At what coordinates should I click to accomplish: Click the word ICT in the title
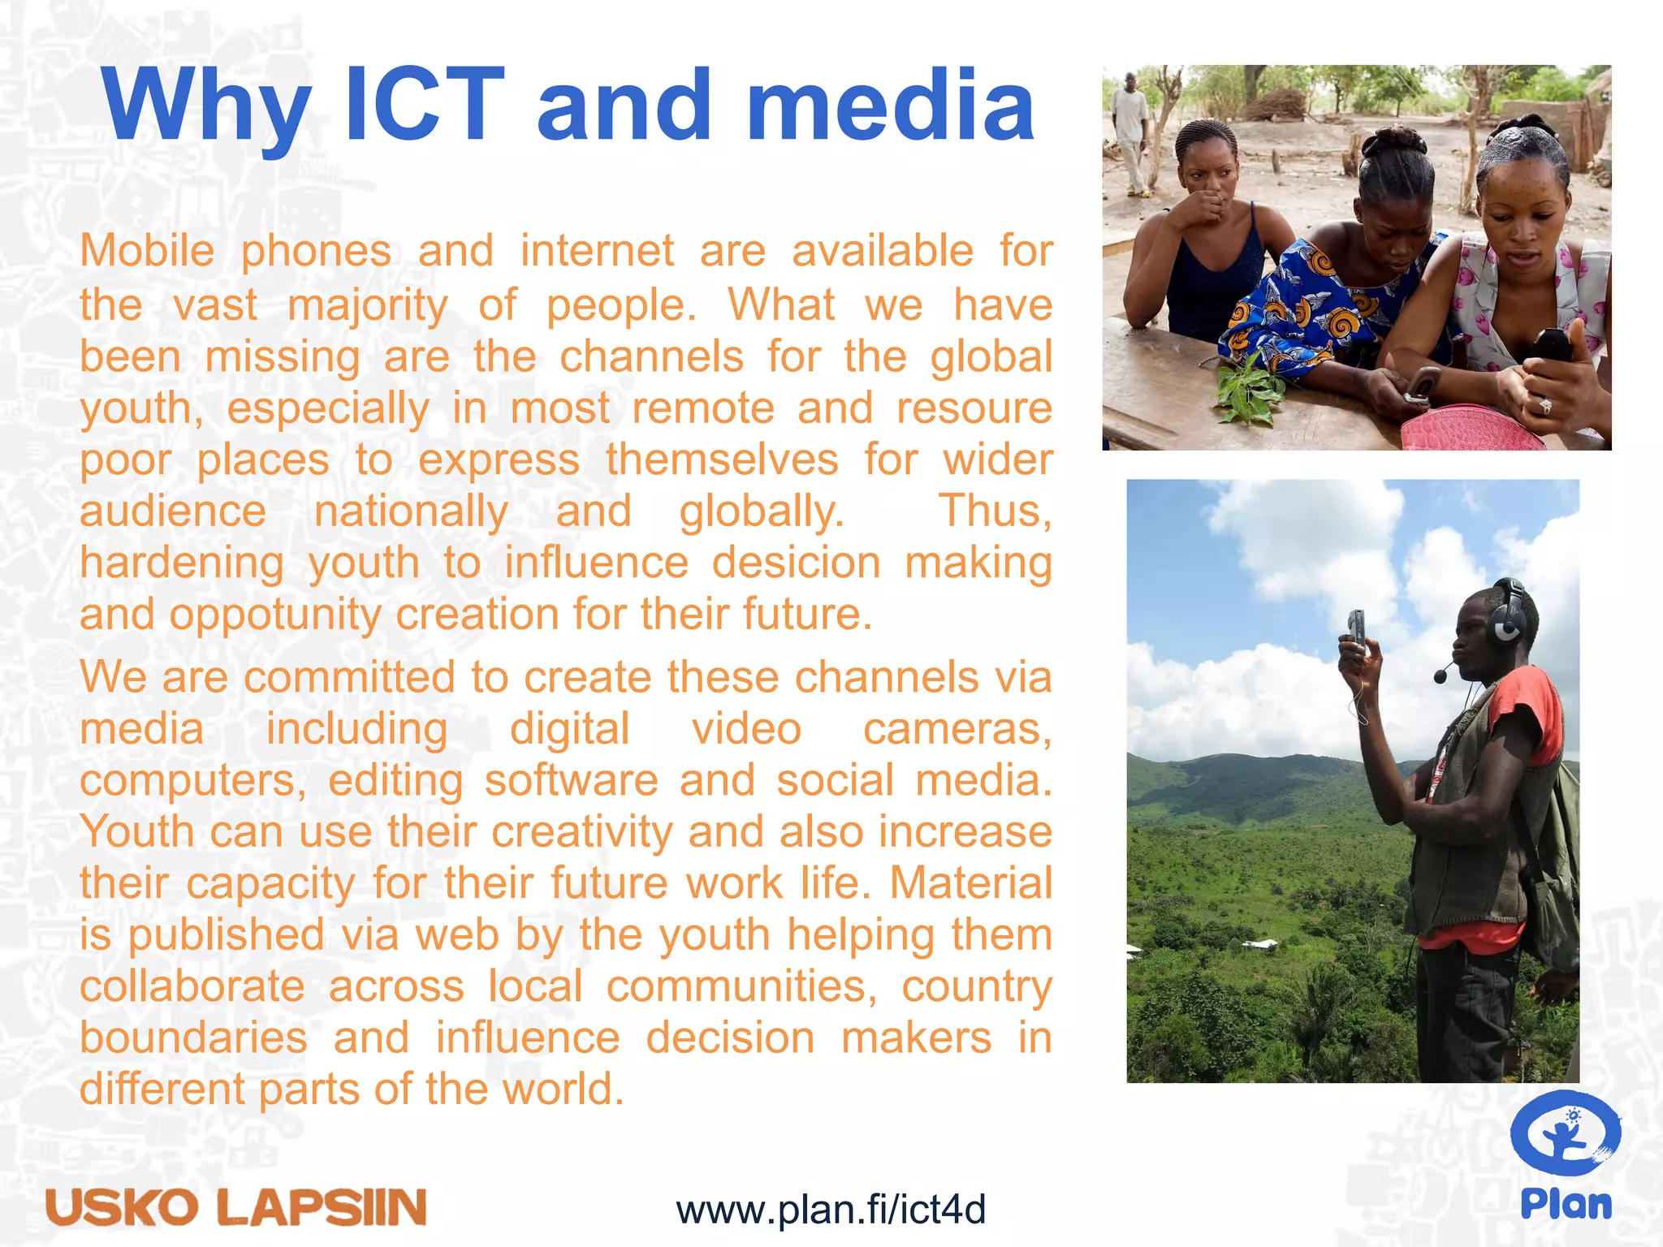[x=424, y=106]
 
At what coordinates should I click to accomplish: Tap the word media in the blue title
[x=890, y=106]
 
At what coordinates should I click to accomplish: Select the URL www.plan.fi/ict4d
[x=831, y=1210]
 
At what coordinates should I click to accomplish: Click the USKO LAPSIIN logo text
[x=236, y=1206]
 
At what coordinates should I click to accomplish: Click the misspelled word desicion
[x=796, y=563]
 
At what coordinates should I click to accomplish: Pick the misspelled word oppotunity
[x=274, y=615]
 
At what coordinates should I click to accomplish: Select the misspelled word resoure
[x=974, y=408]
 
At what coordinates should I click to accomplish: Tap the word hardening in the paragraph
[x=182, y=563]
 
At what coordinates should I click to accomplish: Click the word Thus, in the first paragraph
[x=995, y=511]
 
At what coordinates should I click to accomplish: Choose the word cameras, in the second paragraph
[x=957, y=728]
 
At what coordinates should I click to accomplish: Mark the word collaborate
[x=192, y=986]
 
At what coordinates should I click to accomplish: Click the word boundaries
[x=193, y=1038]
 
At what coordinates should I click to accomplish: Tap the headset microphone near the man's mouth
[x=1441, y=674]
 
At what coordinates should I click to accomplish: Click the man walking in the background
[x=1130, y=134]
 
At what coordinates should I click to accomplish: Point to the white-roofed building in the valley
[x=1259, y=944]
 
